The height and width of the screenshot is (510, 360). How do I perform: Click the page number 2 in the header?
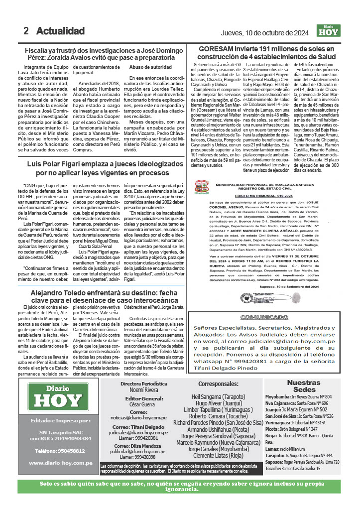25,31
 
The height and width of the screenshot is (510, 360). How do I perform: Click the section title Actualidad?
60,31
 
